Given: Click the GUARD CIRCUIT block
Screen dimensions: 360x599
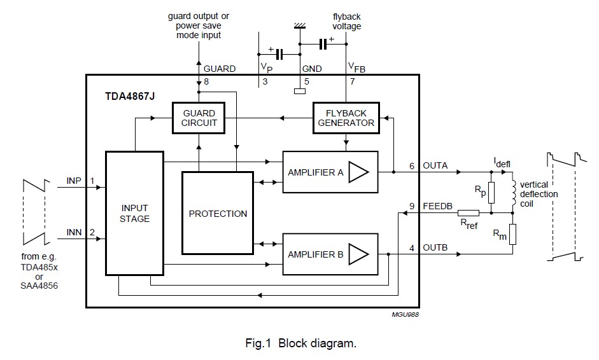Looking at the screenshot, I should coord(199,118).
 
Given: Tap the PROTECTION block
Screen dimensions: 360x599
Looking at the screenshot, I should coord(218,214).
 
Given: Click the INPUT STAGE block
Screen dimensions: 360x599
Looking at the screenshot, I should coord(134,214).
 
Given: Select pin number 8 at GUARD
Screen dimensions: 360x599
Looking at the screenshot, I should coord(205,82).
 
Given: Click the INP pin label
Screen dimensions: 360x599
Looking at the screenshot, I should coord(74,181).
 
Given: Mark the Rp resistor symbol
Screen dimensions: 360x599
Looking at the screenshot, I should coord(490,193).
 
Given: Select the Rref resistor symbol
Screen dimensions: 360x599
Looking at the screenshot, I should coord(469,214).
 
